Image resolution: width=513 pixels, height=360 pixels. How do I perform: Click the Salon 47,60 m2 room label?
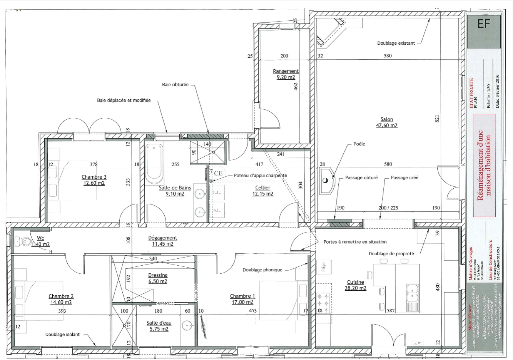387,122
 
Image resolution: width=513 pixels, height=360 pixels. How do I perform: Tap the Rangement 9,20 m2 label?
286,74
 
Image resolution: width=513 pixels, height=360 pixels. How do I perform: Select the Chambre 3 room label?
94,180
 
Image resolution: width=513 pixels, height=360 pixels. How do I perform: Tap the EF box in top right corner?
484,24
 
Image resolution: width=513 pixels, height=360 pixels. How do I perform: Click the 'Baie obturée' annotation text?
175,85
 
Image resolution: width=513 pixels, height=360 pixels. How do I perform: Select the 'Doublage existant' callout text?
396,43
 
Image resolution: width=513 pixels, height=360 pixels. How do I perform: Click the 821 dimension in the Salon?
437,118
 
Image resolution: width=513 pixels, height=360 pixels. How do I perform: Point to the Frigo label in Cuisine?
323,267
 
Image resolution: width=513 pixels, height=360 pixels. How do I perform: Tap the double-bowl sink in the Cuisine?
412,293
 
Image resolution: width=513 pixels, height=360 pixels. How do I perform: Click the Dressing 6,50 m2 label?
158,278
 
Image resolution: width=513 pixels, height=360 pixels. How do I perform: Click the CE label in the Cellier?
218,173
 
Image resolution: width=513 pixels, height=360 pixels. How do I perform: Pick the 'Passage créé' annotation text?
404,178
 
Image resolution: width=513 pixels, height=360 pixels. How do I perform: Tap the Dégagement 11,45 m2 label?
163,241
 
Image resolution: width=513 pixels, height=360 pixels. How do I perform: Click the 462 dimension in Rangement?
295,86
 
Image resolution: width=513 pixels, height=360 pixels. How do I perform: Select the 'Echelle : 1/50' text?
489,96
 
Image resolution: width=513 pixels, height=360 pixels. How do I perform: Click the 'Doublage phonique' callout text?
262,270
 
